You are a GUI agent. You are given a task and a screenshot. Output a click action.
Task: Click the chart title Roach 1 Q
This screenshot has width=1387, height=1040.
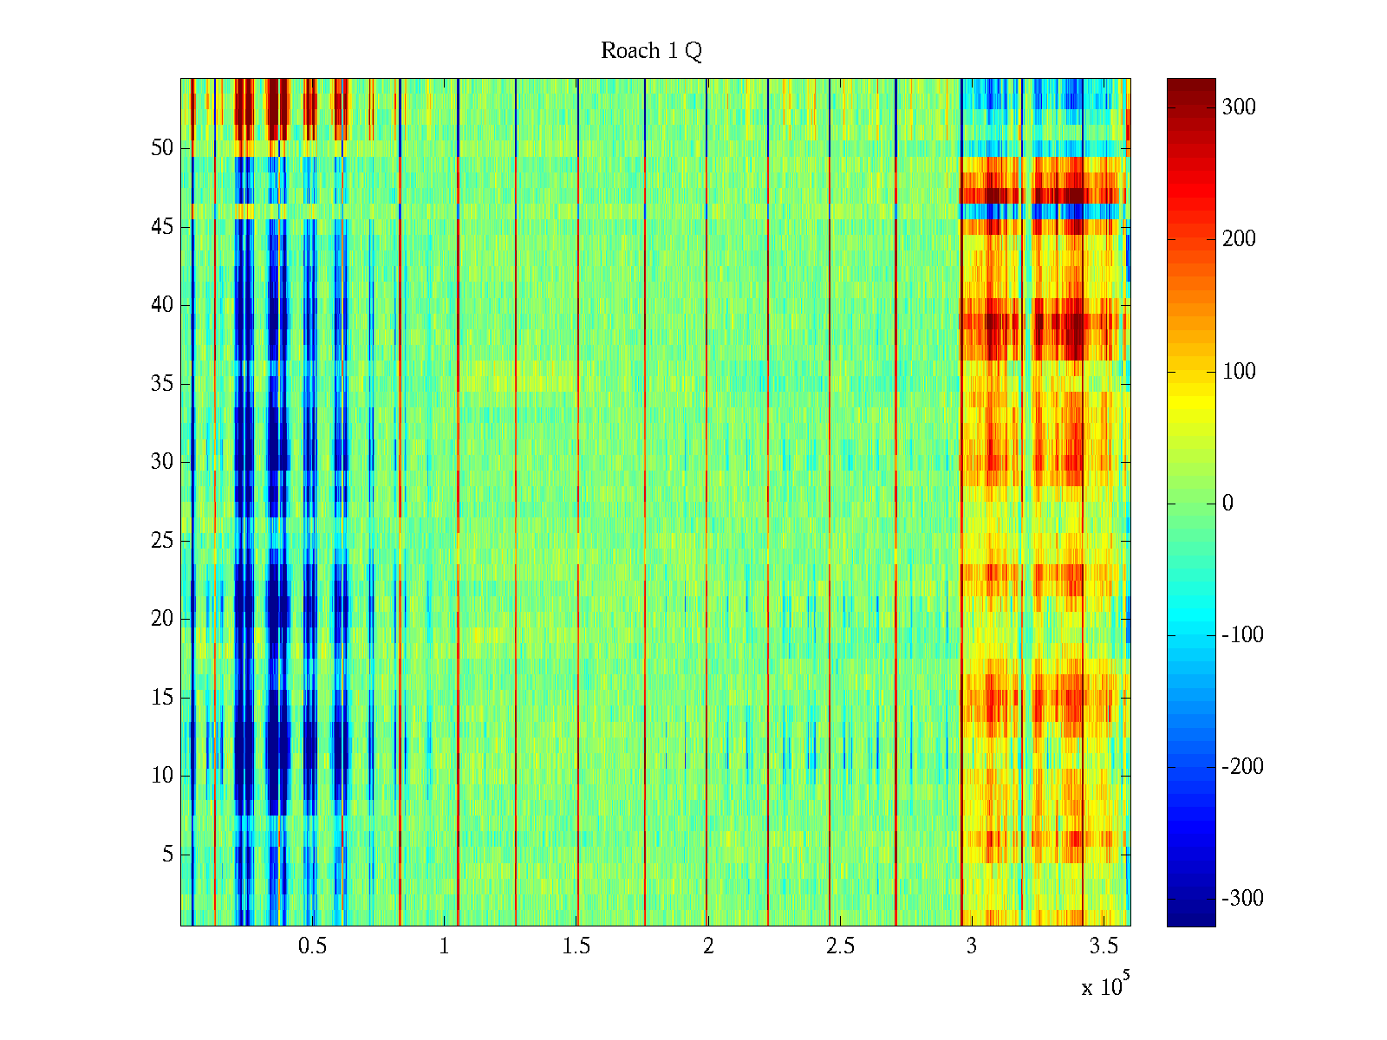(x=651, y=51)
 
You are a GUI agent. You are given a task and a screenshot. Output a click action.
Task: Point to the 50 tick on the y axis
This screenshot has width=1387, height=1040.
(x=162, y=148)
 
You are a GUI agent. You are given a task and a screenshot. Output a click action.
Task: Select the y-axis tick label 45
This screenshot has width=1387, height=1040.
(x=162, y=227)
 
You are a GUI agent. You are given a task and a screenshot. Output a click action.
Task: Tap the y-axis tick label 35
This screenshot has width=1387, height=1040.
(x=162, y=384)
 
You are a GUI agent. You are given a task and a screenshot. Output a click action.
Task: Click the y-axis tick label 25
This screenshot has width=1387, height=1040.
(x=162, y=541)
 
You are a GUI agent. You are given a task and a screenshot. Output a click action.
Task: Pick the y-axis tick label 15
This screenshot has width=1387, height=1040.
(x=162, y=698)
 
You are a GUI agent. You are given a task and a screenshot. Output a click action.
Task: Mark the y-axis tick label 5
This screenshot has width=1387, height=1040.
(x=167, y=855)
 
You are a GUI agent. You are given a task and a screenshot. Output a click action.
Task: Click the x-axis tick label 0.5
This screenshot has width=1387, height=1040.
(x=312, y=946)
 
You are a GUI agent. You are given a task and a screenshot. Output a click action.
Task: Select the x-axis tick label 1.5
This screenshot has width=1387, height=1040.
(x=576, y=946)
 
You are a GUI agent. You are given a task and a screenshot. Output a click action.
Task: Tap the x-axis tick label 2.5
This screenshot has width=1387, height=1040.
(x=840, y=946)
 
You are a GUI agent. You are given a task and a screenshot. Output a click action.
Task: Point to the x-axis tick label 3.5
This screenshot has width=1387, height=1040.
(x=1104, y=946)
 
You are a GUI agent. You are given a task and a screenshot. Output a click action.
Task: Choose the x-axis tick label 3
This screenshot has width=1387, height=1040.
(x=972, y=946)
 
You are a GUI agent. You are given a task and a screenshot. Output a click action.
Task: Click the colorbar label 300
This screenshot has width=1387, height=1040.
(x=1239, y=107)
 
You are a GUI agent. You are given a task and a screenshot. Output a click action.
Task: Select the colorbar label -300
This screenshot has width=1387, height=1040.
(x=1242, y=899)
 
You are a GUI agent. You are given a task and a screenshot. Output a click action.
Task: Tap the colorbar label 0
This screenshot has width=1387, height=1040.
(x=1227, y=504)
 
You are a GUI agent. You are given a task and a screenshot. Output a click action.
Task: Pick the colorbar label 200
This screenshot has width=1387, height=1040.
(x=1239, y=239)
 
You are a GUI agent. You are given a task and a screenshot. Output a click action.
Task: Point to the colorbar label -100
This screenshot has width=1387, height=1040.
(x=1242, y=635)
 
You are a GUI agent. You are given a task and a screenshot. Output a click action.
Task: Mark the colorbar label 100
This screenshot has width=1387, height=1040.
(x=1239, y=372)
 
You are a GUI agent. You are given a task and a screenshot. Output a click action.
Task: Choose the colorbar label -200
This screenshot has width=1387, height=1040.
(x=1242, y=767)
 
